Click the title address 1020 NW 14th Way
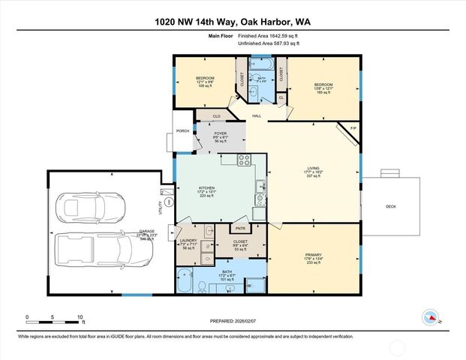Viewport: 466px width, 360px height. (x=233, y=22)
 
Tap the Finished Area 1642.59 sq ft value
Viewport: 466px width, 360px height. (x=268, y=36)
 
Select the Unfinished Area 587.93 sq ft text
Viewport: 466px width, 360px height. (x=268, y=43)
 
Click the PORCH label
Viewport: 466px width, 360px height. (x=182, y=131)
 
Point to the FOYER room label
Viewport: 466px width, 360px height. (x=221, y=133)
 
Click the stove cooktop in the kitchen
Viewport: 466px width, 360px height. (x=244, y=160)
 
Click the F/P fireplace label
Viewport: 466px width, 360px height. (x=354, y=129)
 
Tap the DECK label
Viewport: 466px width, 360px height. (x=390, y=206)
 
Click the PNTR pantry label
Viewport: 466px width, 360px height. (x=241, y=228)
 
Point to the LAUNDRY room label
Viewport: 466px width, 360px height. (x=188, y=241)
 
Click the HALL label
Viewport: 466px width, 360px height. (x=257, y=116)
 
